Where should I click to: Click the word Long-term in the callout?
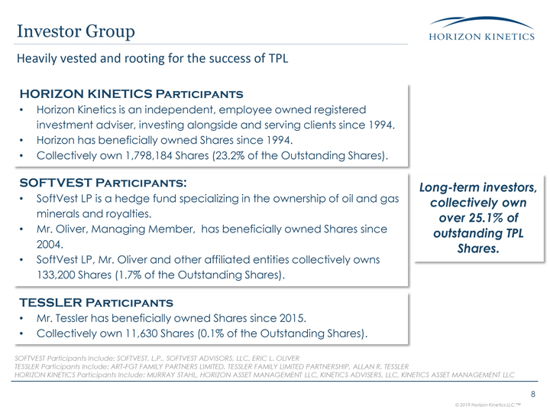445,188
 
